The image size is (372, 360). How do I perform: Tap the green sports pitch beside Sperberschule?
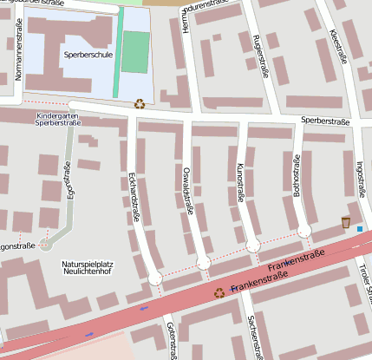[135, 52]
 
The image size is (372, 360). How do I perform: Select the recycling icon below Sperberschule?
[140, 104]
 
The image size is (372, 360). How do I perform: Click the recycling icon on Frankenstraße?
[219, 293]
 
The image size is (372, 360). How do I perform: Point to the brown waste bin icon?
[346, 223]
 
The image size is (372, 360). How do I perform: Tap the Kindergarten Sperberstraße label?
[58, 120]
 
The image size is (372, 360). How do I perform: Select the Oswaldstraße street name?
[187, 190]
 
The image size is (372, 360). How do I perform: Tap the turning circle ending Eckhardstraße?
[155, 278]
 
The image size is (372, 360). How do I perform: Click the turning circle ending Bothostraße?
[303, 231]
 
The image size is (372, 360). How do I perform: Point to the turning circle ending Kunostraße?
[253, 246]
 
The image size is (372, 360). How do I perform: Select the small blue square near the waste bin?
[359, 229]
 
